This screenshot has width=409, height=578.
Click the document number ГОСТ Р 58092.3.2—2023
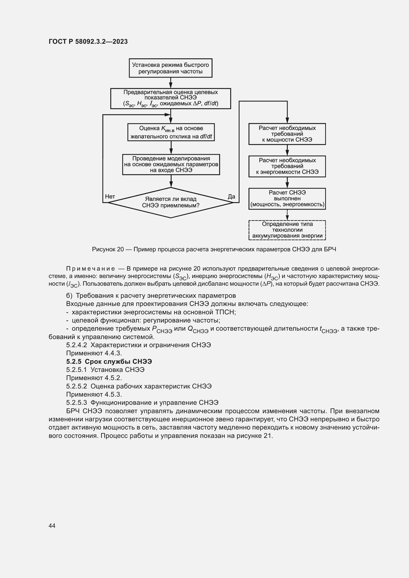point(88,42)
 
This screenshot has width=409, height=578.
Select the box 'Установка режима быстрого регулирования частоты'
point(171,68)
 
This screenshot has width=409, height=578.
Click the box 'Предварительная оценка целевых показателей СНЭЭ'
point(171,98)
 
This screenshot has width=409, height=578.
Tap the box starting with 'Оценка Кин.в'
point(171,132)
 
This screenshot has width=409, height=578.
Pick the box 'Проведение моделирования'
point(171,164)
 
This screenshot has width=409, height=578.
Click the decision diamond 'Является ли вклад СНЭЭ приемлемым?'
point(171,202)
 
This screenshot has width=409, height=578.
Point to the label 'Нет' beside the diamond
point(110,197)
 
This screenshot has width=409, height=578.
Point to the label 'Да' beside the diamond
point(231,197)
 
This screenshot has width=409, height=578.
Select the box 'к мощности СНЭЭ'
point(287,134)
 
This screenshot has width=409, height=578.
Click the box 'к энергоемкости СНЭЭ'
point(287,166)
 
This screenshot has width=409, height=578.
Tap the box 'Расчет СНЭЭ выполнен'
point(287,199)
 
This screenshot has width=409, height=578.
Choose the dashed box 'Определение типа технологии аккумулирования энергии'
point(287,230)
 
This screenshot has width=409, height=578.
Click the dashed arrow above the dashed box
point(287,215)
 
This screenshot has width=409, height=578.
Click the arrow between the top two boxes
point(171,83)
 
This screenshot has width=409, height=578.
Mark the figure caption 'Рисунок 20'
point(108,250)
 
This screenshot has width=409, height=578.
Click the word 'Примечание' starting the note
point(91,269)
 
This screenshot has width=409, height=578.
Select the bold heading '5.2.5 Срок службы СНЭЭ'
point(109,362)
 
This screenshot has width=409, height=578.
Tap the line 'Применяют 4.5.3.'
point(94,394)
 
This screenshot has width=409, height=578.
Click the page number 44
point(52,526)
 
